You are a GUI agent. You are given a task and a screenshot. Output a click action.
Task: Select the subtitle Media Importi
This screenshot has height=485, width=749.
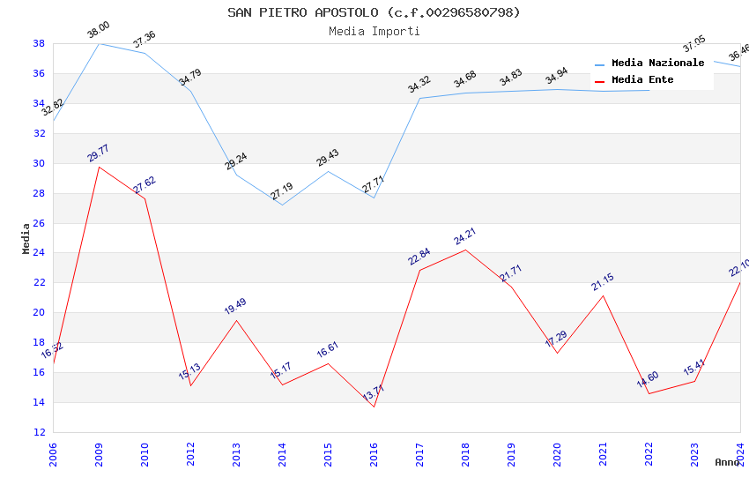pos(374,32)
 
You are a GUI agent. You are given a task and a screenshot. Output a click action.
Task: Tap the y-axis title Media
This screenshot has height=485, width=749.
pos(26,238)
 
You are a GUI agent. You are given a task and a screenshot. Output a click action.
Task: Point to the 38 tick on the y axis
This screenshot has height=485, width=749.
pos(39,43)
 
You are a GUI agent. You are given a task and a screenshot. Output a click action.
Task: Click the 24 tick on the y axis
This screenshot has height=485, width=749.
pos(39,253)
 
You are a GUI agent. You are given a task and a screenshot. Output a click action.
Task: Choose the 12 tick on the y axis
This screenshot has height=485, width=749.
pos(39,432)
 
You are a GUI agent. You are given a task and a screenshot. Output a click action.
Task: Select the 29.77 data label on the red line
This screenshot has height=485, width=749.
pos(98,153)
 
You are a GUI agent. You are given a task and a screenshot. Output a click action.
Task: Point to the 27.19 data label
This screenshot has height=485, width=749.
pos(282,191)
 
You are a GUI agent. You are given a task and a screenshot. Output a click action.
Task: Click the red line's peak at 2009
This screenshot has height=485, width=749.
pos(99,167)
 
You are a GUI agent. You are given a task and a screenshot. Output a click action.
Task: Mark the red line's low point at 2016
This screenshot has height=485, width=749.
pos(374,407)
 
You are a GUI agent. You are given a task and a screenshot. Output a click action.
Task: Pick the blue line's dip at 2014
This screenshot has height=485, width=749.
pos(282,205)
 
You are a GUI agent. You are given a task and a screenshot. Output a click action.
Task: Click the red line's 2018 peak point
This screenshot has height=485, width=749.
pos(465,250)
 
